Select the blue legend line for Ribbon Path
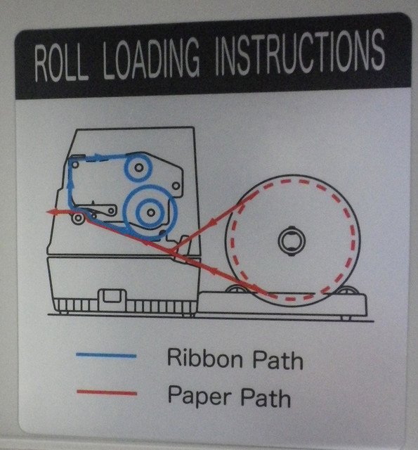[106, 356]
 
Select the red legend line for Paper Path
[107, 392]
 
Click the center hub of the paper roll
[292, 240]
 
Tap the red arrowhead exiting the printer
[51, 212]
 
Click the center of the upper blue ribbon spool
[139, 167]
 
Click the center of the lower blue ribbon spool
[150, 212]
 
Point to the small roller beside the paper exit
[78, 218]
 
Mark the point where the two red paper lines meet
[172, 252]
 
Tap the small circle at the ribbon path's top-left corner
[75, 165]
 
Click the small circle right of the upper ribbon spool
[176, 186]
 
